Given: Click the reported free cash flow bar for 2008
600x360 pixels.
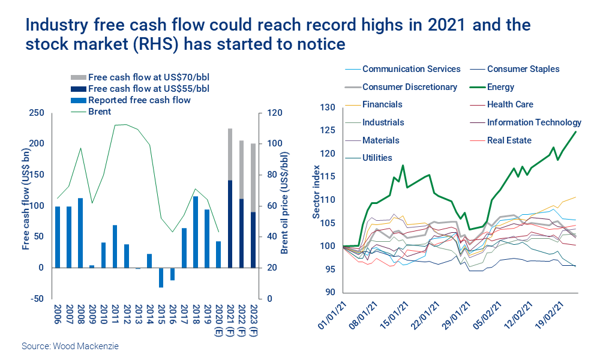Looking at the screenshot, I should click(80, 232).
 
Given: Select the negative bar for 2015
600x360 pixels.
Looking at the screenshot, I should click(161, 277).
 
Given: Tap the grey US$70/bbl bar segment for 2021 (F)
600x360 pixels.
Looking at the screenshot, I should click(229, 154).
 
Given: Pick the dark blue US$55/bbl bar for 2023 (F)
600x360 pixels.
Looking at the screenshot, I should click(253, 239).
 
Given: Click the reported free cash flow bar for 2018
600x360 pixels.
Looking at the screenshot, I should click(195, 232).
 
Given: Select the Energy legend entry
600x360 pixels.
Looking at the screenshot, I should click(500, 87).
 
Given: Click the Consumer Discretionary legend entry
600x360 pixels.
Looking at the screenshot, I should click(410, 87).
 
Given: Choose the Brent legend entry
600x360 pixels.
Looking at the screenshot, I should click(100, 112).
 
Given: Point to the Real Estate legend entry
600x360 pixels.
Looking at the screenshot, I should click(509, 140).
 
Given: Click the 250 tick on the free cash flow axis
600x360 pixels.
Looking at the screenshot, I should click(37, 113).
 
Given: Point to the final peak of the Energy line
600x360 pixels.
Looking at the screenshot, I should click(577, 131).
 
